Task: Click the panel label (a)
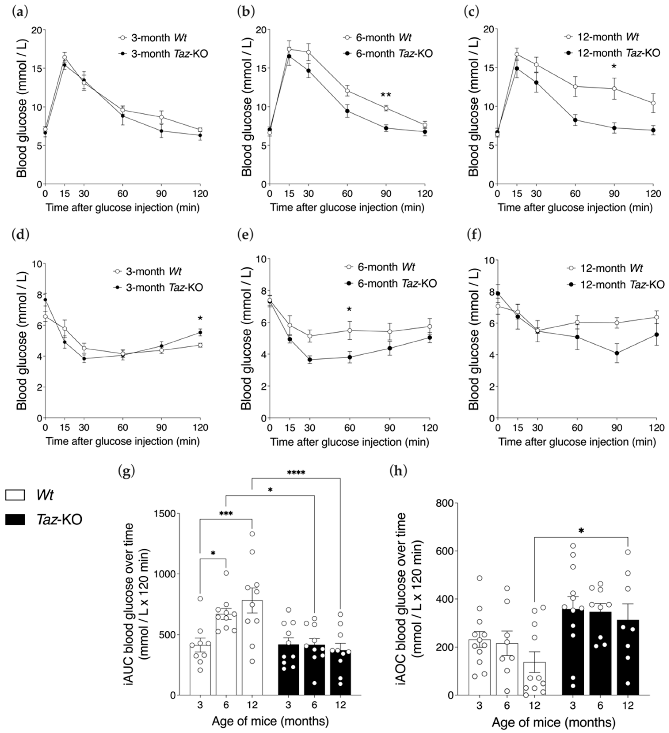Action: [x=19, y=12]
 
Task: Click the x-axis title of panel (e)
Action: [x=349, y=442]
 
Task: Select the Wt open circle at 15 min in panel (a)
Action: [x=64, y=57]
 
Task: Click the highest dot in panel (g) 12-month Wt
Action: [x=252, y=534]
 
